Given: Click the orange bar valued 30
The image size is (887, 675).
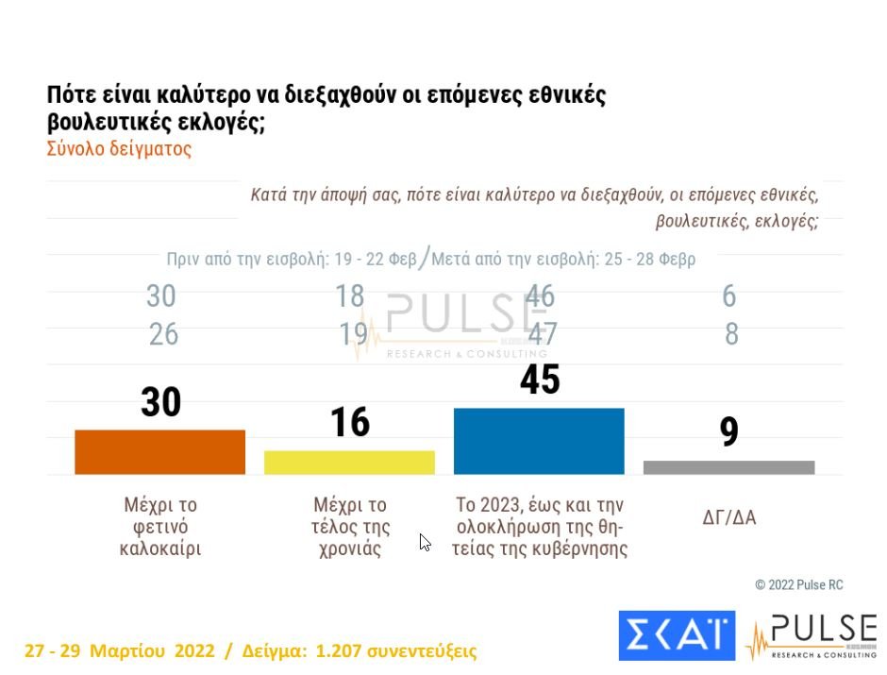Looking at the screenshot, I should pyautogui.click(x=159, y=452).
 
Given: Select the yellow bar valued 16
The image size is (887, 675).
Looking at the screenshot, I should pyautogui.click(x=349, y=463).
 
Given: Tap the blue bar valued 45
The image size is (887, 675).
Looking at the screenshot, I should pyautogui.click(x=539, y=441).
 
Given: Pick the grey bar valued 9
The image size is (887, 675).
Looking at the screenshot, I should pyautogui.click(x=728, y=467).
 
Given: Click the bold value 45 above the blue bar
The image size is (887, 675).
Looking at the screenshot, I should pyautogui.click(x=540, y=380).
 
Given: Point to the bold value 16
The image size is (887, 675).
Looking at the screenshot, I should pyautogui.click(x=350, y=423).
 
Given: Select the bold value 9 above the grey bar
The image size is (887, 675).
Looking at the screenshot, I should pyautogui.click(x=728, y=432).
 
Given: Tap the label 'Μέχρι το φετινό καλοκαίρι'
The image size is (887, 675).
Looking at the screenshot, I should pyautogui.click(x=160, y=527).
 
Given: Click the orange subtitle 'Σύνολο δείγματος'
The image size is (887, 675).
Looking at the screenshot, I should pyautogui.click(x=119, y=149).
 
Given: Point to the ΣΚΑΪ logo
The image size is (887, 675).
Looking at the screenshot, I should pyautogui.click(x=676, y=635).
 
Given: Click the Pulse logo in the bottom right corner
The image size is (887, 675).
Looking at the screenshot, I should pyautogui.click(x=812, y=635).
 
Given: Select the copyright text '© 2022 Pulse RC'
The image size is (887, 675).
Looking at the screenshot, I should pyautogui.click(x=798, y=585).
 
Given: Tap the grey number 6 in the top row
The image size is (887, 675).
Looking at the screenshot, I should pyautogui.click(x=729, y=296).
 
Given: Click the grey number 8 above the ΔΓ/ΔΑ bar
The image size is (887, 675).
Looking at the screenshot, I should pyautogui.click(x=731, y=334).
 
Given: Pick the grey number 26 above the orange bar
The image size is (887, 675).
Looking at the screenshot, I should pyautogui.click(x=163, y=334).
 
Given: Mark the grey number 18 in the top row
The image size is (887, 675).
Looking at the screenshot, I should pyautogui.click(x=350, y=296).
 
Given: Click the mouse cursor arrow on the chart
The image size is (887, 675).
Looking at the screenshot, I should pyautogui.click(x=425, y=542).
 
